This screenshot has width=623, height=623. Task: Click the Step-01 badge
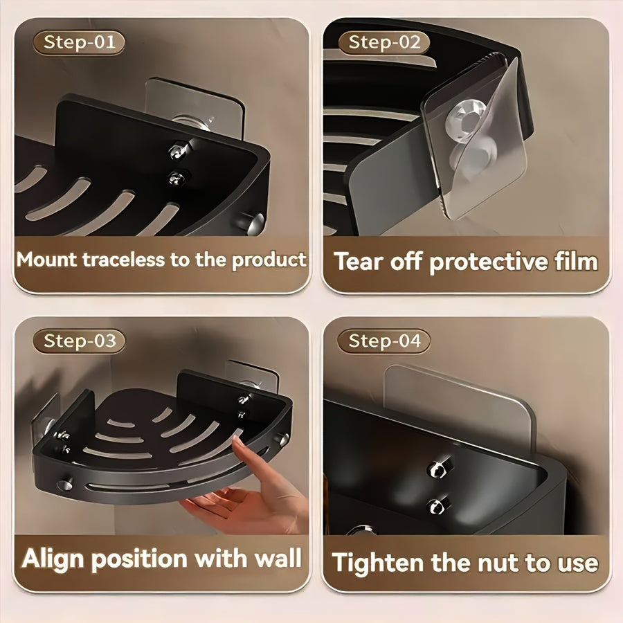(79, 42)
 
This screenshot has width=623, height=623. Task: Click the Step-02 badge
(384, 42)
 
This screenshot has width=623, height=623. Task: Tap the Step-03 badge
(79, 341)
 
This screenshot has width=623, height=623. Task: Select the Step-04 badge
(384, 341)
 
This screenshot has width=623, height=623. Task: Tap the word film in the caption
(572, 262)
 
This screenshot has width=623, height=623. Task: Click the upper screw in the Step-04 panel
(436, 469)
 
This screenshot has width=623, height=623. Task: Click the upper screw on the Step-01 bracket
(178, 147)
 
